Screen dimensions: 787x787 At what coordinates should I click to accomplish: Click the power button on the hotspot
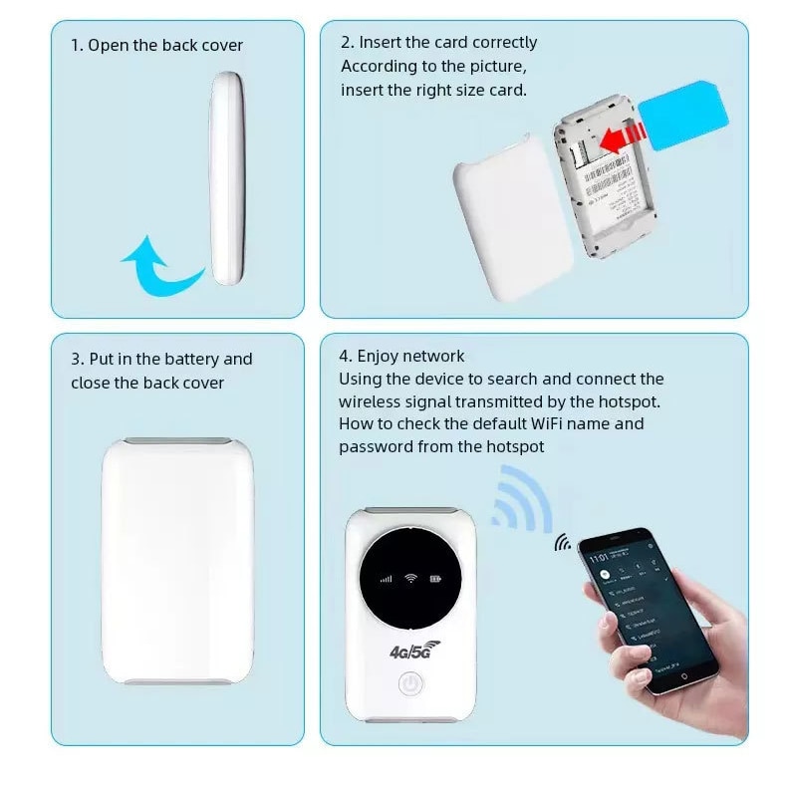click(x=409, y=684)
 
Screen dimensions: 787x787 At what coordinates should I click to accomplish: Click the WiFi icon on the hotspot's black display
click(x=409, y=578)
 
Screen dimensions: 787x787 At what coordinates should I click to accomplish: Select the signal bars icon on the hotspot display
click(x=384, y=578)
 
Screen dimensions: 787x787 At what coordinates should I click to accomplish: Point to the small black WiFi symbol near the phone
click(x=564, y=543)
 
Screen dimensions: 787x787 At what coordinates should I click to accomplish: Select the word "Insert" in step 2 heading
click(x=380, y=43)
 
